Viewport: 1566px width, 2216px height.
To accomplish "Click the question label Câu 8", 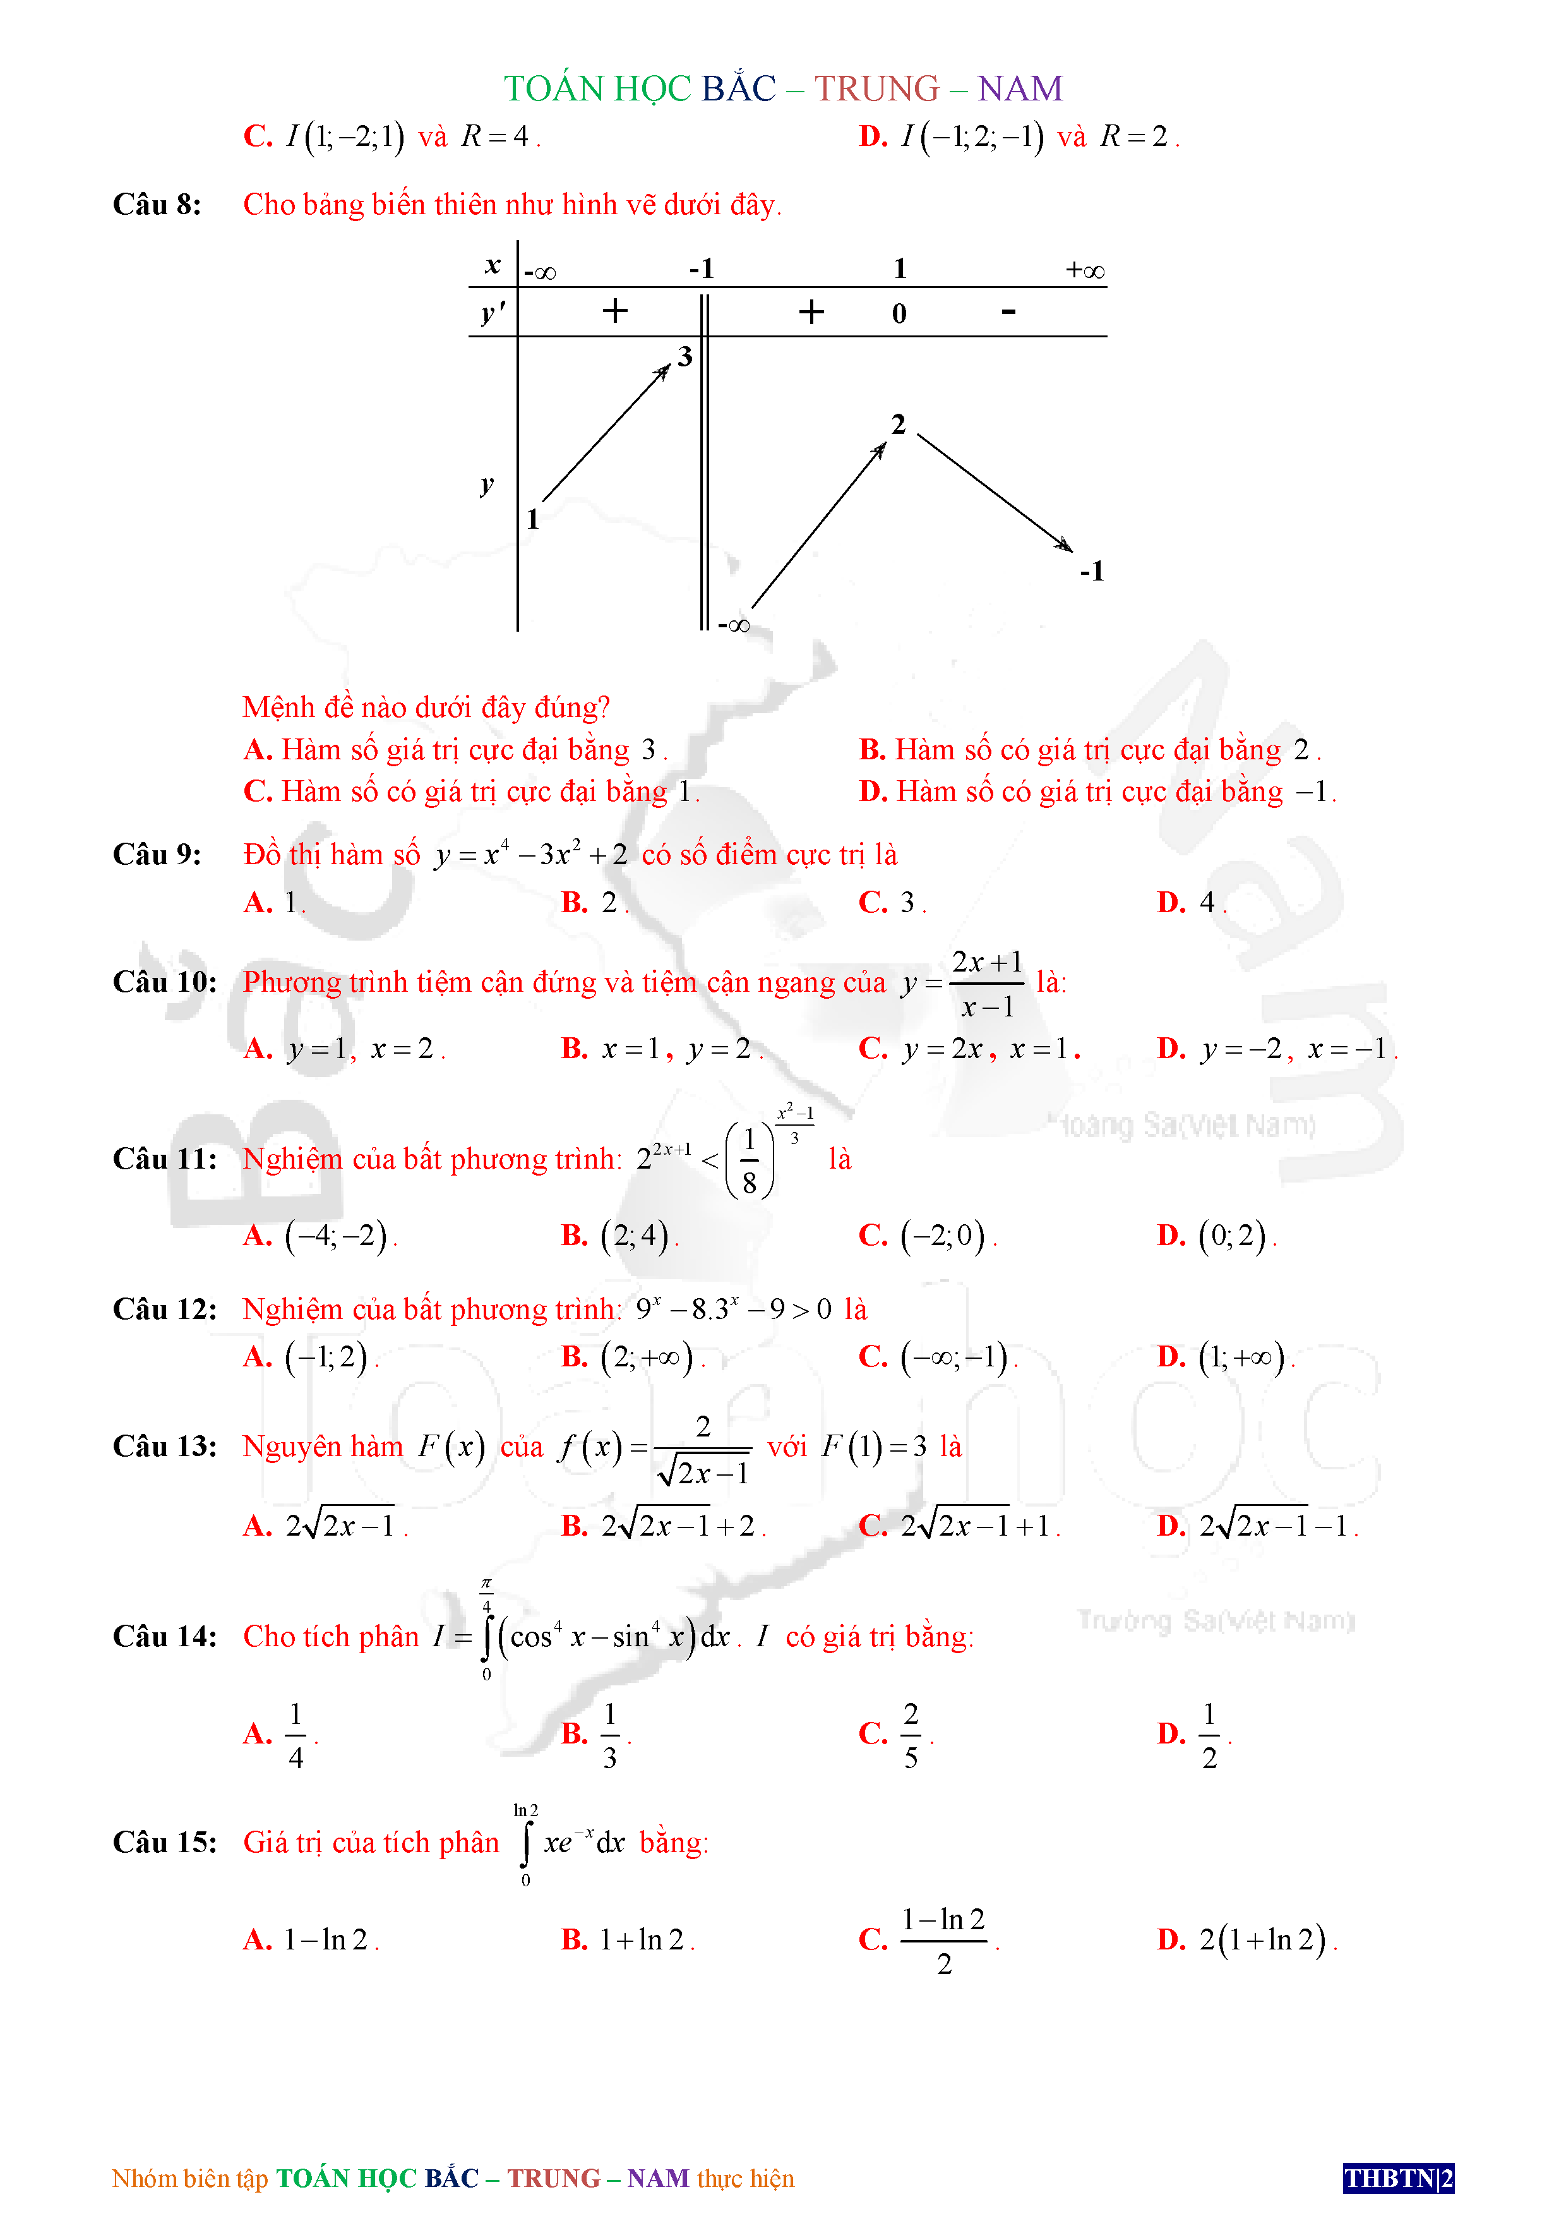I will coord(157,205).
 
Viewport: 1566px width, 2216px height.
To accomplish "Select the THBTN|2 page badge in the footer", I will coord(1397,2178).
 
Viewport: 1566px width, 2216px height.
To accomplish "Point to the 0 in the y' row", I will coord(899,314).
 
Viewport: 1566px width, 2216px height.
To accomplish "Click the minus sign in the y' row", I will coord(1009,312).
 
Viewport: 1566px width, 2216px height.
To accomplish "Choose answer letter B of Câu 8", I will coord(872,750).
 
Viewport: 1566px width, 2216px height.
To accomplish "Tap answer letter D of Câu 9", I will coord(1171,903).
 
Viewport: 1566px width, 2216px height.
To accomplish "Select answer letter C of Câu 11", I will coord(872,1236).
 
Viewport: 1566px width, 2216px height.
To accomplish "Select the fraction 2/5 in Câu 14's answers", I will coord(911,1735).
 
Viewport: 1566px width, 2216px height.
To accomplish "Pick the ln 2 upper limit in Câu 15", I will coord(526,1810).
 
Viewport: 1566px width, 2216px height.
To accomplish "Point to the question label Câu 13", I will coord(165,1447).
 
